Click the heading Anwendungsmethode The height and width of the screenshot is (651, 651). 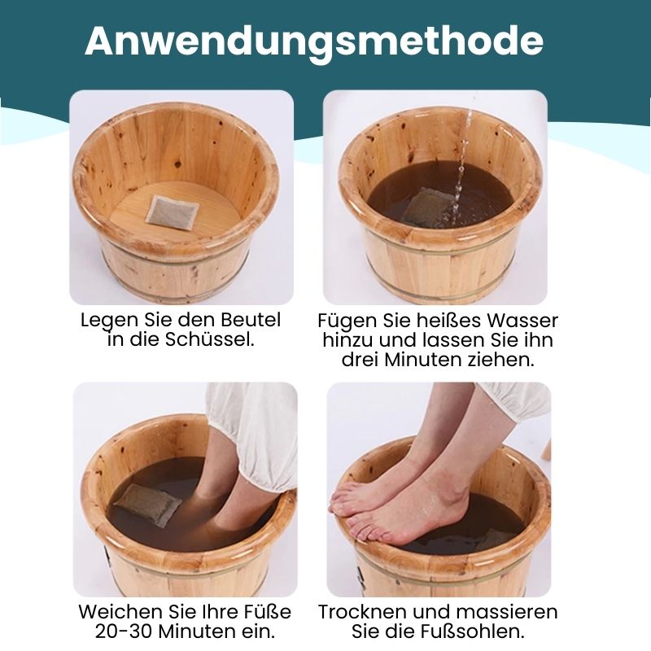click(314, 41)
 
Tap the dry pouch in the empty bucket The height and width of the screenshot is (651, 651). click(173, 212)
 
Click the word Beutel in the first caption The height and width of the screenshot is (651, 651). click(251, 320)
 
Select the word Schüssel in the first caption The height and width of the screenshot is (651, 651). click(210, 339)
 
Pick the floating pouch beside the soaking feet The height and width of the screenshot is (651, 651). click(147, 504)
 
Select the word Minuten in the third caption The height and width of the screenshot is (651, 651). click(195, 631)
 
